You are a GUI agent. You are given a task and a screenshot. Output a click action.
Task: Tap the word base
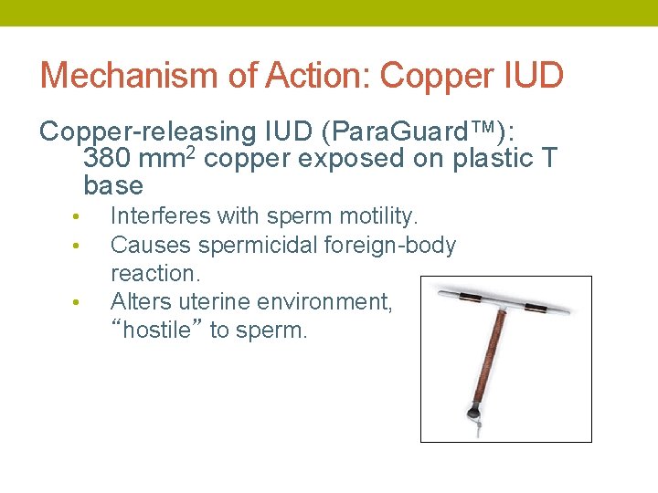point(113,186)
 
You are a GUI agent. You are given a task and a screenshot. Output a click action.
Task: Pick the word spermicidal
point(239,245)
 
